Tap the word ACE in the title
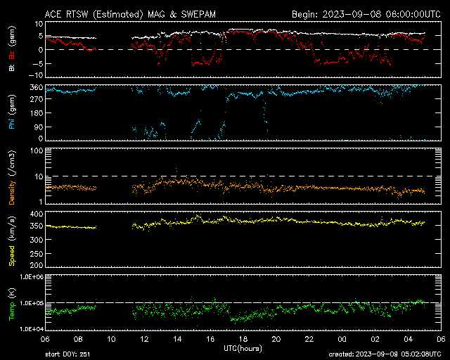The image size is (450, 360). pyautogui.click(x=53, y=14)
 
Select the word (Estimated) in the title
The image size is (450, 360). pyautogui.click(x=117, y=15)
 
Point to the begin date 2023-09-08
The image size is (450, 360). pyautogui.click(x=352, y=14)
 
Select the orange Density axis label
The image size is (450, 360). pyautogui.click(x=12, y=193)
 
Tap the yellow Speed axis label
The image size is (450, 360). pyautogui.click(x=12, y=256)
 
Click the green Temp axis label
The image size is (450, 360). pyautogui.click(x=12, y=311)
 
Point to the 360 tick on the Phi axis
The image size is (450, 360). pyautogui.click(x=37, y=88)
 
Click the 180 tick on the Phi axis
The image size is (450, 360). pyautogui.click(x=37, y=113)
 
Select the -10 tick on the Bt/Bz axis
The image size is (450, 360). pyautogui.click(x=36, y=75)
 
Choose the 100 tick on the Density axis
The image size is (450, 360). pyautogui.click(x=37, y=151)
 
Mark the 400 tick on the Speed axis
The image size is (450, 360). pyautogui.click(x=37, y=214)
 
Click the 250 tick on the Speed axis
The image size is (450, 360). pyautogui.click(x=37, y=254)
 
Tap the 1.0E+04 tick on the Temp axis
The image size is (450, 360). pyautogui.click(x=32, y=329)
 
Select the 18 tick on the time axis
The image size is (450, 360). pyautogui.click(x=243, y=340)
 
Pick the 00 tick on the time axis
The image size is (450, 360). pyautogui.click(x=342, y=340)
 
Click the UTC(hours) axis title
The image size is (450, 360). pyautogui.click(x=243, y=349)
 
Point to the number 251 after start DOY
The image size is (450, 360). pyautogui.click(x=85, y=354)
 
